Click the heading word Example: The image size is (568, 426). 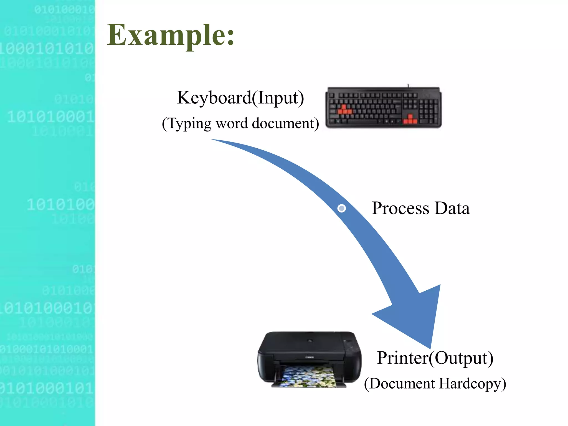[171, 35]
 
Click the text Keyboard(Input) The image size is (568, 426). [240, 98]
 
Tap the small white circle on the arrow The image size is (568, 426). [342, 208]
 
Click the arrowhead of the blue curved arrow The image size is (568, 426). [416, 316]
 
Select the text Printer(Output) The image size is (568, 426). [435, 358]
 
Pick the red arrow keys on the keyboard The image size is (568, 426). [410, 119]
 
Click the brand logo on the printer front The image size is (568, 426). [310, 357]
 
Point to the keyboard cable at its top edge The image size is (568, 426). [408, 85]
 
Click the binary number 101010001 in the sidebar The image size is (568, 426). [50, 116]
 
